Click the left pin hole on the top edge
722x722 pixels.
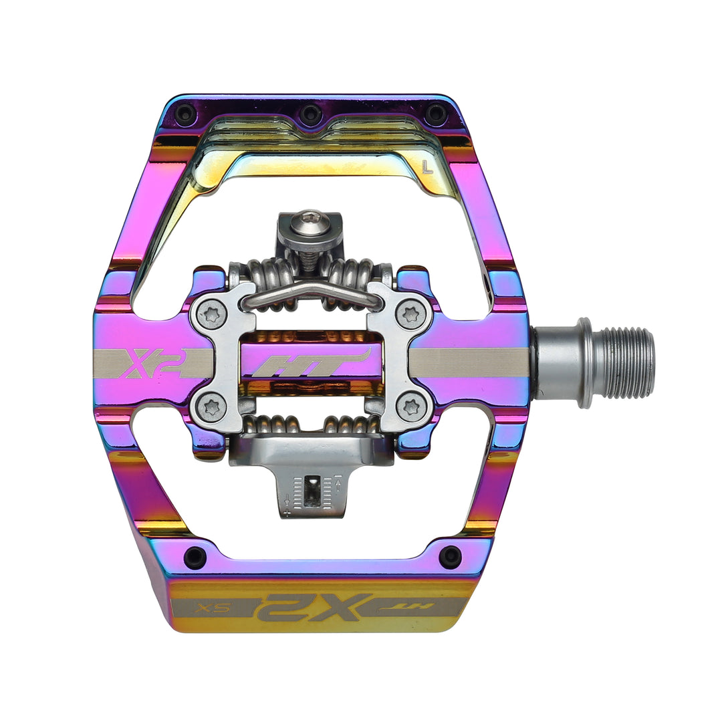click(185, 113)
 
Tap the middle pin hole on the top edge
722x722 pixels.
click(310, 113)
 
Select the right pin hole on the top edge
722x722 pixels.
click(436, 113)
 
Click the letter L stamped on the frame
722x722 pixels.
click(428, 168)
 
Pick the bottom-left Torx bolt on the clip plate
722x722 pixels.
click(212, 405)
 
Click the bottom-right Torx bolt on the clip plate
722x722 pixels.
click(409, 405)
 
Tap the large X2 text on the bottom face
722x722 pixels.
click(314, 607)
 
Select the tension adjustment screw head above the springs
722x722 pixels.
click(310, 219)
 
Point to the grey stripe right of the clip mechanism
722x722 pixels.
click(468, 363)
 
